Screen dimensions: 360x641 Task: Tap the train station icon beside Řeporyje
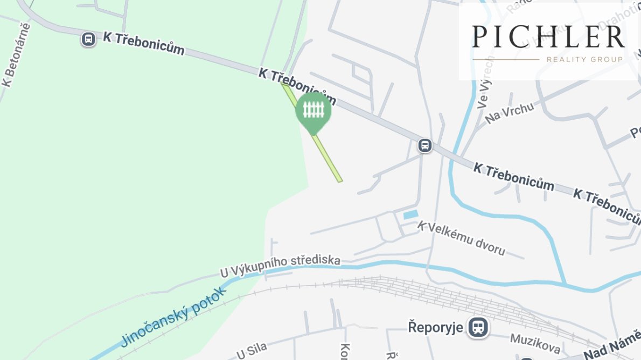477,327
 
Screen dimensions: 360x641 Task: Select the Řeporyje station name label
435,327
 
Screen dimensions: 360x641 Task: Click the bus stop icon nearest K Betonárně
88,39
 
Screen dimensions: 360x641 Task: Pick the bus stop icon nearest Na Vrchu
425,146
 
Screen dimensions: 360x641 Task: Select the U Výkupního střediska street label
280,267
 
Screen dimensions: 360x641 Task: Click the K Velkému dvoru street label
462,238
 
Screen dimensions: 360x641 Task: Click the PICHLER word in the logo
548,37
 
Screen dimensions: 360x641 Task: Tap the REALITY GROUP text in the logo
584,59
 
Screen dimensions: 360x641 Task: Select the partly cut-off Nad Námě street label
612,350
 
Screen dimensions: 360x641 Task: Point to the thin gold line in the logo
506,59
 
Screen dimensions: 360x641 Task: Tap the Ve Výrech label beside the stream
484,81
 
